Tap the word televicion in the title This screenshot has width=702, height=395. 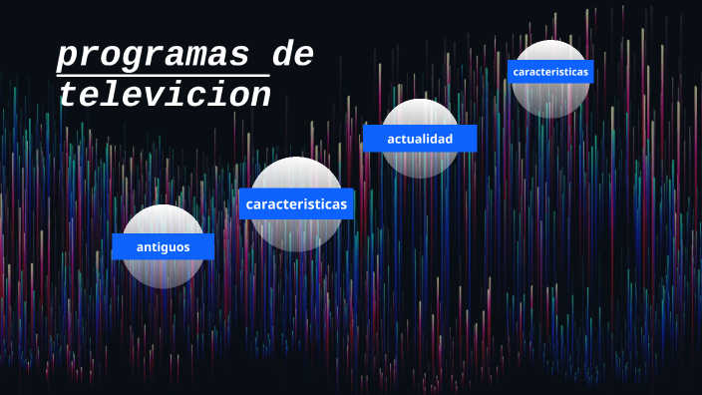tap(165, 95)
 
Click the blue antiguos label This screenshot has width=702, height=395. tap(163, 246)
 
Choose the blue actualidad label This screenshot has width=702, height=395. tap(420, 139)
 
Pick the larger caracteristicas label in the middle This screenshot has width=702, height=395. tap(296, 204)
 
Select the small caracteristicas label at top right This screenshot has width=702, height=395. tap(550, 72)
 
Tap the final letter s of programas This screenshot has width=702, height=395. tap(239, 56)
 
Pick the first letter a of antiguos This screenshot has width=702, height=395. tap(141, 246)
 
